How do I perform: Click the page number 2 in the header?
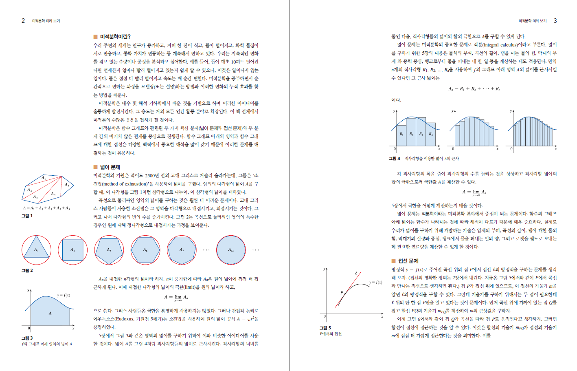pyautogui.click(x=23, y=21)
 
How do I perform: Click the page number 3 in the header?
pyautogui.click(x=555, y=21)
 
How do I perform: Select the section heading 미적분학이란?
pyautogui.click(x=115, y=37)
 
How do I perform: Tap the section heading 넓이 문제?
pyautogui.click(x=110, y=167)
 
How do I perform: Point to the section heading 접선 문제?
pyautogui.click(x=408, y=261)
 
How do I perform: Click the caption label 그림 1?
pyautogui.click(x=27, y=216)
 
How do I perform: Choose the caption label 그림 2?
pyautogui.click(x=27, y=271)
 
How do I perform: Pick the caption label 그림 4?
pyautogui.click(x=394, y=159)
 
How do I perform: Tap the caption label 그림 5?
pyautogui.click(x=325, y=328)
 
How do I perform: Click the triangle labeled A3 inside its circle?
pyautogui.click(x=36, y=250)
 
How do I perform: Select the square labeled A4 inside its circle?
pyautogui.click(x=73, y=250)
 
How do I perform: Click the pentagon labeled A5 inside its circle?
pyautogui.click(x=109, y=250)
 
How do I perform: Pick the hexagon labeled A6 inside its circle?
pyautogui.click(x=145, y=250)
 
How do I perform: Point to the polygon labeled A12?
pyautogui.click(x=231, y=250)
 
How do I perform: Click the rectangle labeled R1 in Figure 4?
pyautogui.click(x=401, y=134)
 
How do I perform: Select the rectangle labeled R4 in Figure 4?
pyautogui.click(x=431, y=134)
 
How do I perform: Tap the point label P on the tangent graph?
pyautogui.click(x=342, y=293)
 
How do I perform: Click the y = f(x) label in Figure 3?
pyautogui.click(x=63, y=295)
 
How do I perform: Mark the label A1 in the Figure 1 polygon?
pyautogui.click(x=44, y=178)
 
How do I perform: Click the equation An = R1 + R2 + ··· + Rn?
pyautogui.click(x=474, y=88)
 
